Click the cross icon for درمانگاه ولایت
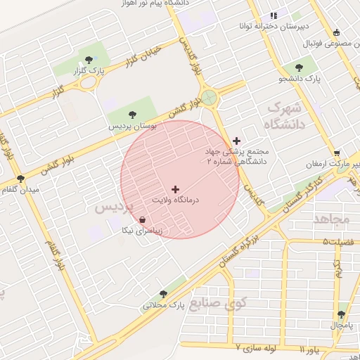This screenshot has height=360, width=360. coord(175,189)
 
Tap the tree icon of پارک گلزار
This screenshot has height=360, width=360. coord(88,60)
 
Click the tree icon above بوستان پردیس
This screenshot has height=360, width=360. coord(131,113)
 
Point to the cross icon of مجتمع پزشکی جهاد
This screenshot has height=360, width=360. coord(236,141)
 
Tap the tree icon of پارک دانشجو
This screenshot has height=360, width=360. coord(300,67)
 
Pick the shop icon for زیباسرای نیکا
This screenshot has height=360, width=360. coord(143,219)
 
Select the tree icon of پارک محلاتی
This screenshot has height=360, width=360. coord(163,294)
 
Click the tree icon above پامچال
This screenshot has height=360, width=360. coord(342,314)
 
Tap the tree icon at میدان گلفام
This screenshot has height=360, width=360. coord(20,179)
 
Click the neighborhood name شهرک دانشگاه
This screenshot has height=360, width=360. coord(284,116)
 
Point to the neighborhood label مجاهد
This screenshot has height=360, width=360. coord(333,219)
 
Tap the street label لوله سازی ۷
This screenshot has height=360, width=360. coord(258,347)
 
